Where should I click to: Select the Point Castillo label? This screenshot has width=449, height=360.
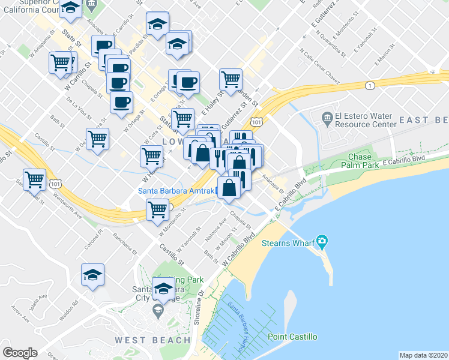pyautogui.click(x=292, y=337)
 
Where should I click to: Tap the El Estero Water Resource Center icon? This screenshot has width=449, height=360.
pyautogui.click(x=327, y=116)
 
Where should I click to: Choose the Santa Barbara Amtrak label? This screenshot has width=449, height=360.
pyautogui.click(x=175, y=191)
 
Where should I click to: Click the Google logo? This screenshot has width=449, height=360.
pyautogui.click(x=20, y=353)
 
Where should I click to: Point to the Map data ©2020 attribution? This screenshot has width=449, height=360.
pyautogui.click(x=423, y=355)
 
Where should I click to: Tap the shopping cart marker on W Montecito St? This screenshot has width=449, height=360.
pyautogui.click(x=157, y=210)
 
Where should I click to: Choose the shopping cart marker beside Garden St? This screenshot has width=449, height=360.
pyautogui.click(x=231, y=79)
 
